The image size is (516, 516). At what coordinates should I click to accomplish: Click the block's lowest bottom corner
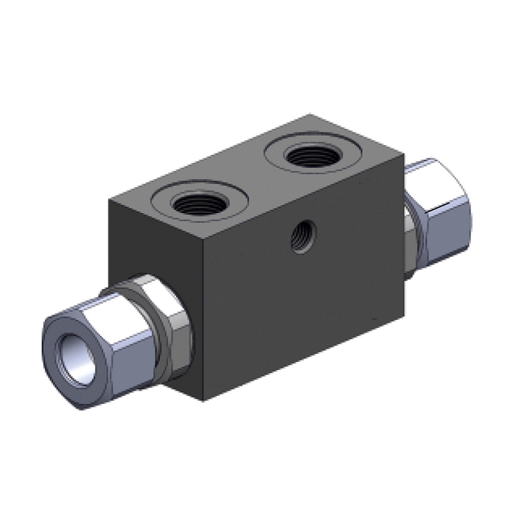[203, 401]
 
